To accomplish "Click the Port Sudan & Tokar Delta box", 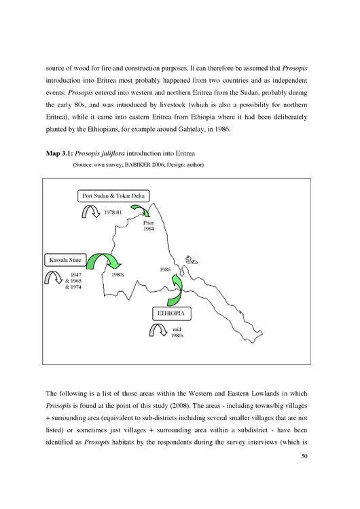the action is pos(113,196).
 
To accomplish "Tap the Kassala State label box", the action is pos(65,260).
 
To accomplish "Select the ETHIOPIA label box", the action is pos(172,314).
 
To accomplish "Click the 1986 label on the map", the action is pos(165,269).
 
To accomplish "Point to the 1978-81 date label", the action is pos(113,212).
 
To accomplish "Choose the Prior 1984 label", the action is pos(149,226).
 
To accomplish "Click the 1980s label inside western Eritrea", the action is pos(118,275).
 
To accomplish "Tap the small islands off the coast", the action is pos(192,260).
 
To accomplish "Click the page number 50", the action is pos(304,456).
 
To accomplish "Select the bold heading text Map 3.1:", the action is pos(60,153).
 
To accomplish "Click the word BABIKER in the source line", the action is pos(132,165).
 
